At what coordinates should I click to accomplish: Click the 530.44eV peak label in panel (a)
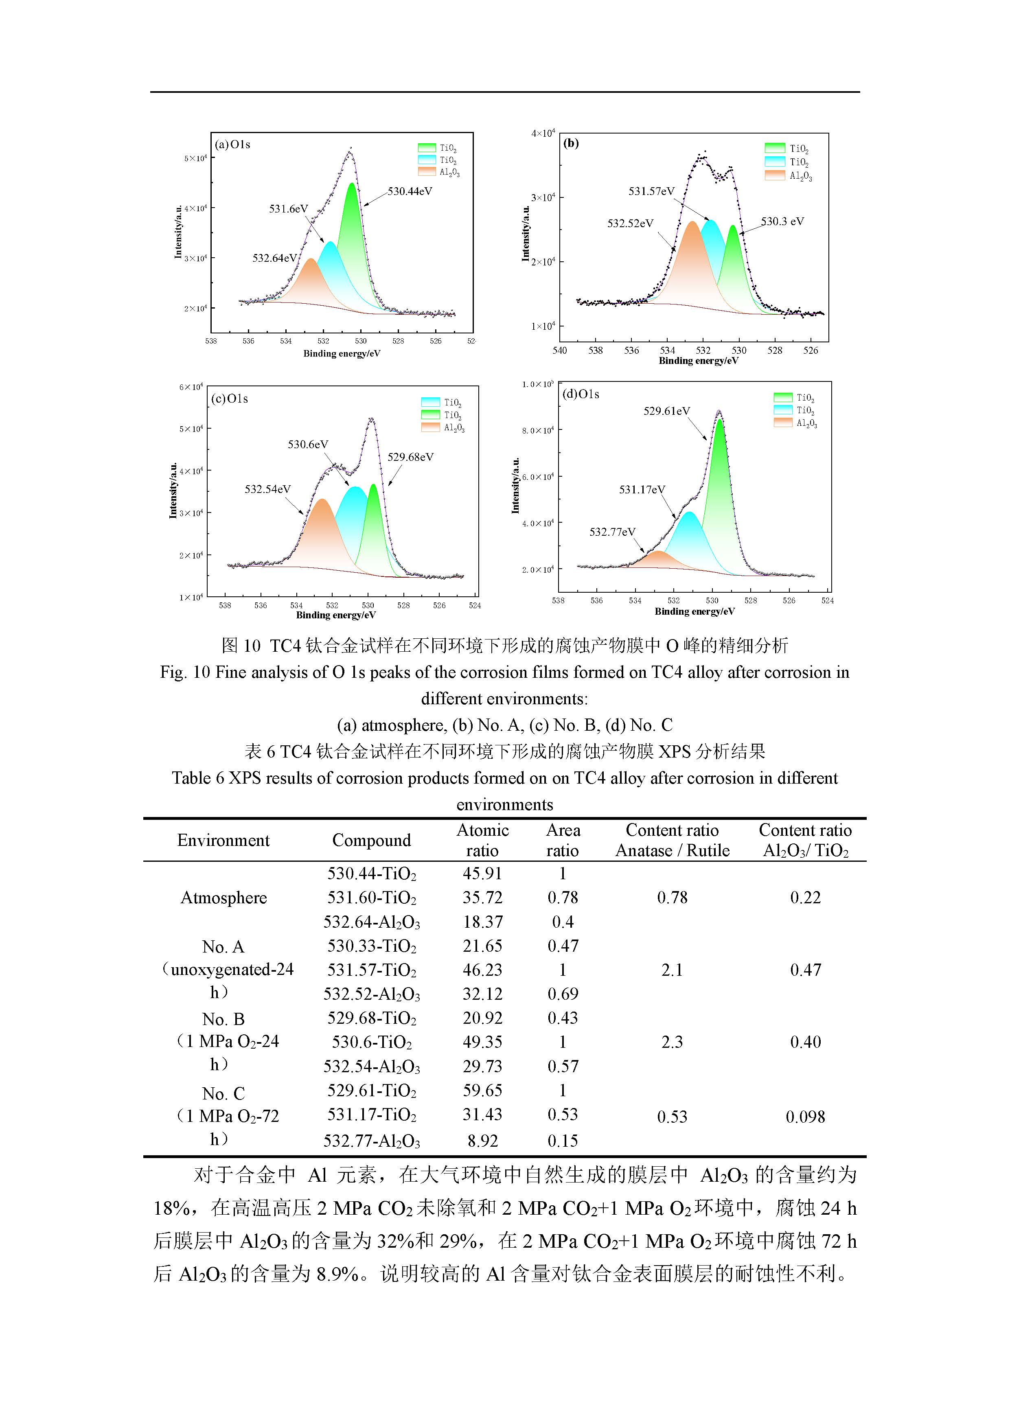click(x=410, y=192)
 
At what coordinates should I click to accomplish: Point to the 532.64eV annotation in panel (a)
click(x=274, y=258)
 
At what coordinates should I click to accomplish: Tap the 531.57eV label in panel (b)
click(x=651, y=192)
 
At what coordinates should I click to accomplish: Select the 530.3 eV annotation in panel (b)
click(x=782, y=221)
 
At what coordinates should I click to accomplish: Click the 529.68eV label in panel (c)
click(x=410, y=457)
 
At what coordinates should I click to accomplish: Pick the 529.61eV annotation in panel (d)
click(x=667, y=411)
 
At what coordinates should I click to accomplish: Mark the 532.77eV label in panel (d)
click(x=613, y=532)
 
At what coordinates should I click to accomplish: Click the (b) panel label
click(x=571, y=144)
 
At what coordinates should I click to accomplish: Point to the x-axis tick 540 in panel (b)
click(x=560, y=351)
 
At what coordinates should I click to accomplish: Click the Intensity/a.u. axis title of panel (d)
click(x=515, y=486)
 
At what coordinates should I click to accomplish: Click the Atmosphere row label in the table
click(x=223, y=898)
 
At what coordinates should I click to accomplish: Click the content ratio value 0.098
click(x=805, y=1117)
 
